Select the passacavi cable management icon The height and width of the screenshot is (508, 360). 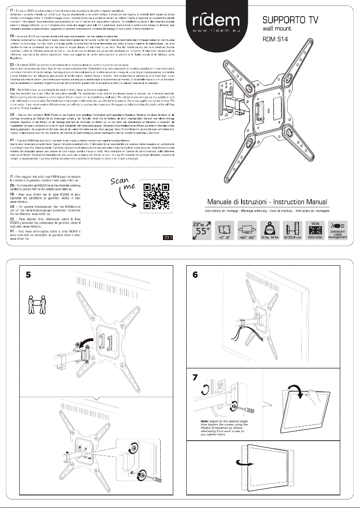tap(338, 230)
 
